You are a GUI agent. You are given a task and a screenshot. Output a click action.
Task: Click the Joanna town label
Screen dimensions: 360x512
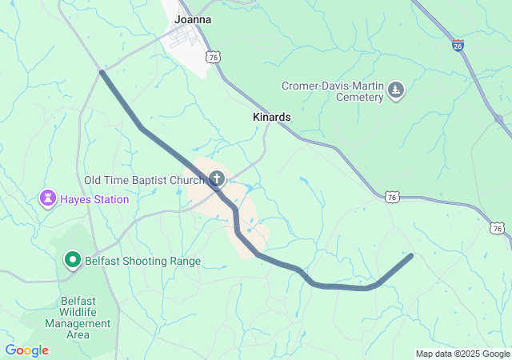(x=193, y=19)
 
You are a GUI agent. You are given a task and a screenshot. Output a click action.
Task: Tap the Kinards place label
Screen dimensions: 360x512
(x=271, y=117)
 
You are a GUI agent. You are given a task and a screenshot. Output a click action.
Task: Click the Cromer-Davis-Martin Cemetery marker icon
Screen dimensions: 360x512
(x=396, y=91)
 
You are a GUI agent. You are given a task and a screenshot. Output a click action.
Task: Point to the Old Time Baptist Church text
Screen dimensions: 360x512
(x=144, y=180)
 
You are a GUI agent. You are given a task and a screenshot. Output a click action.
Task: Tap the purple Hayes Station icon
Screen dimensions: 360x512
(x=47, y=198)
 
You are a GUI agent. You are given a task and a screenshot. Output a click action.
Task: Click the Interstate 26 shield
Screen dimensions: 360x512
(x=457, y=45)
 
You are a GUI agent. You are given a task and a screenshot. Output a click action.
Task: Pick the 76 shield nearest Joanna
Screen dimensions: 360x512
(x=212, y=56)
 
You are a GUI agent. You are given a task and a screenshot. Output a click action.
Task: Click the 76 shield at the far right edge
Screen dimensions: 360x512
(x=498, y=228)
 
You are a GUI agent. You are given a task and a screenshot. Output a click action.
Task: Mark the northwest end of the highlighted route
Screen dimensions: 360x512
(x=102, y=73)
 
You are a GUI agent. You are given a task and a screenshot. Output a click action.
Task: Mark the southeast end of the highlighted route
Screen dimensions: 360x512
(x=410, y=256)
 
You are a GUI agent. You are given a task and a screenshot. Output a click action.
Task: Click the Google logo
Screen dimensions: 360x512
(x=26, y=350)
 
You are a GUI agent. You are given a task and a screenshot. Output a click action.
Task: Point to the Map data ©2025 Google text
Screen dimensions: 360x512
(x=462, y=354)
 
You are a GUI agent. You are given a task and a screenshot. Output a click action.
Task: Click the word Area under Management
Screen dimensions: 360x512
(x=78, y=334)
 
